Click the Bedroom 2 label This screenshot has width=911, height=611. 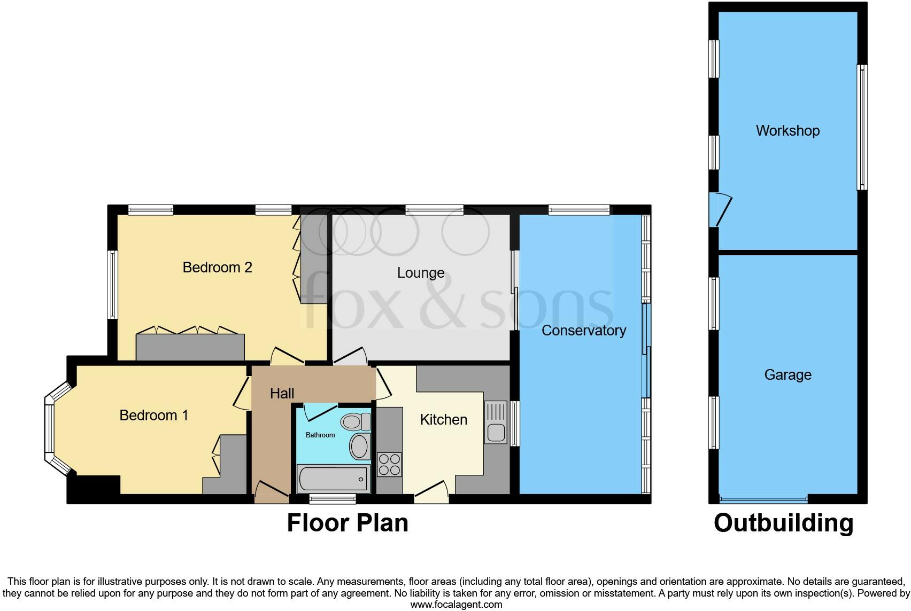(x=217, y=267)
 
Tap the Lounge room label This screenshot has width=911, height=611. (x=421, y=273)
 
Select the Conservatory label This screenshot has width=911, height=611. (x=583, y=331)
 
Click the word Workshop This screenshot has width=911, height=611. (x=788, y=131)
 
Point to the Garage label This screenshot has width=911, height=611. (x=788, y=375)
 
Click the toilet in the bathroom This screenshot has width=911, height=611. (x=356, y=422)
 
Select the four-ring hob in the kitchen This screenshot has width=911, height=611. (x=389, y=464)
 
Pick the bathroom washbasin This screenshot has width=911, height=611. (x=360, y=446)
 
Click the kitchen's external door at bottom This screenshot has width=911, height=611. (x=431, y=492)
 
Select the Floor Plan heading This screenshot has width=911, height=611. (x=348, y=523)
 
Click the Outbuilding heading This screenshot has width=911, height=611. (x=783, y=523)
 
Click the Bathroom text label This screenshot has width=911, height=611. (x=320, y=435)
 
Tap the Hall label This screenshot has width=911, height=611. (x=282, y=394)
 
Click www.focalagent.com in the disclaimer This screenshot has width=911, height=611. (x=456, y=605)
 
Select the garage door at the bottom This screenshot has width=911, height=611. (x=763, y=500)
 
